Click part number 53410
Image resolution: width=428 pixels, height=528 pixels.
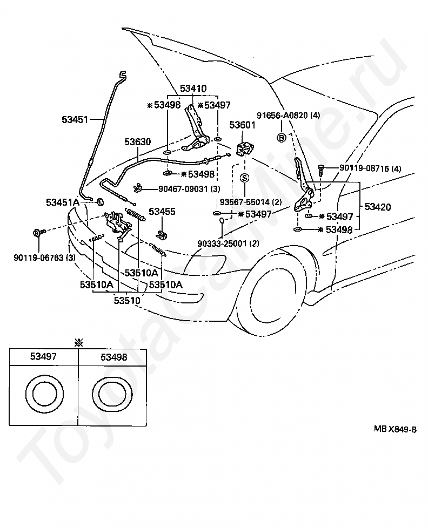(x=193, y=89)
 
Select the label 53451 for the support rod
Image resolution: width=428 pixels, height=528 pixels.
(x=75, y=119)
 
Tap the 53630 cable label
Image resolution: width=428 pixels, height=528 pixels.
(x=137, y=141)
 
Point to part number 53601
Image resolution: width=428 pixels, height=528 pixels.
(x=242, y=125)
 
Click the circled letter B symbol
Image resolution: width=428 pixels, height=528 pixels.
(x=282, y=137)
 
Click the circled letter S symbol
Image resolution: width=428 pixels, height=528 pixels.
(x=244, y=178)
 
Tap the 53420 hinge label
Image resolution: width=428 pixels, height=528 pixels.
(x=377, y=207)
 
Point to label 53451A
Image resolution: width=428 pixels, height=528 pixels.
(x=63, y=202)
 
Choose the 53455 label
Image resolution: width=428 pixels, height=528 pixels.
(x=162, y=212)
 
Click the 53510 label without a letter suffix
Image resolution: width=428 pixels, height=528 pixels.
(x=126, y=300)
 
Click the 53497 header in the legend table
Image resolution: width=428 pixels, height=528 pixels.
(x=43, y=356)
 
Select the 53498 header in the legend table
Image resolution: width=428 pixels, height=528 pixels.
(x=114, y=357)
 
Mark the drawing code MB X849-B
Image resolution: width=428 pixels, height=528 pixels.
(x=395, y=429)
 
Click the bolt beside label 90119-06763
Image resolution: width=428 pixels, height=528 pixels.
(x=37, y=232)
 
